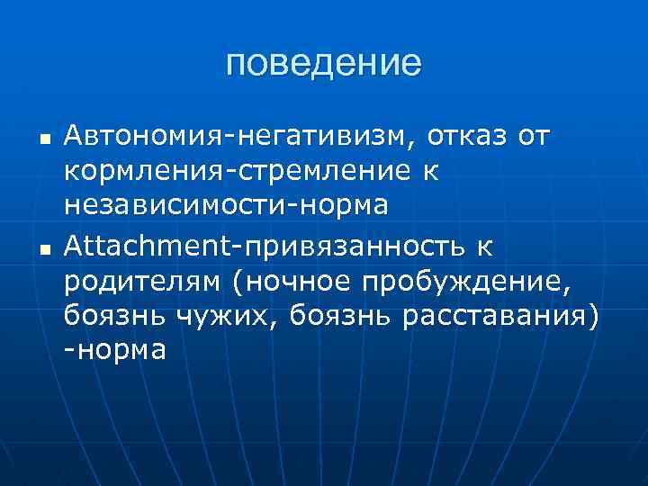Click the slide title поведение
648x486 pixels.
click(324, 63)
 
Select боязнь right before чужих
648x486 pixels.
click(112, 315)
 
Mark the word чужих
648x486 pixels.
click(217, 315)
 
